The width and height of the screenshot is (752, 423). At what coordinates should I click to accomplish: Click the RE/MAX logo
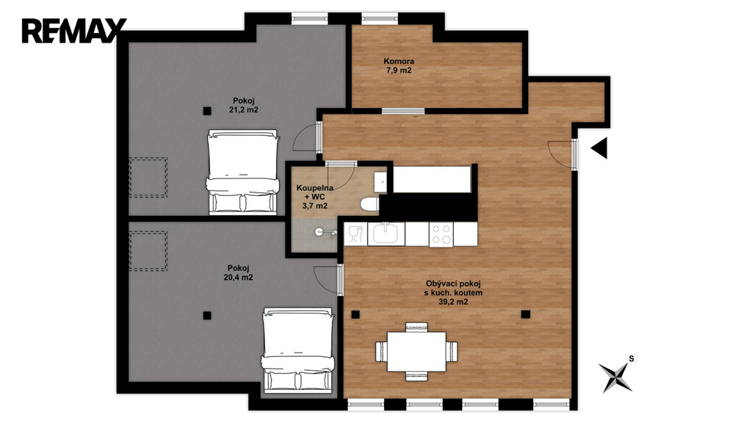click(x=74, y=31)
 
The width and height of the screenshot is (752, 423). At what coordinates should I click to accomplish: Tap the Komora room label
click(x=399, y=62)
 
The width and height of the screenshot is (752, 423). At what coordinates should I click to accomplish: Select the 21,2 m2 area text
click(x=244, y=110)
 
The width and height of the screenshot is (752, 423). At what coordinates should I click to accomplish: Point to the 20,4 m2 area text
click(x=239, y=277)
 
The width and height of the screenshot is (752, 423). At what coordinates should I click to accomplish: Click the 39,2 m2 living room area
click(x=453, y=302)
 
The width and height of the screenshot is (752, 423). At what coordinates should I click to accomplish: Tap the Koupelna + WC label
click(x=314, y=192)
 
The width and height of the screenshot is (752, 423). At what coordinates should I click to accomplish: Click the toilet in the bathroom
click(x=370, y=204)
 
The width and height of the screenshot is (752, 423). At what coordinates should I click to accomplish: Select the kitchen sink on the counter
click(x=386, y=234)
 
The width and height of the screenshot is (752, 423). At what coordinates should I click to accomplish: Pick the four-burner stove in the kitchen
click(x=441, y=234)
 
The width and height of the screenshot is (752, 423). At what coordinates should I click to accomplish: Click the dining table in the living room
click(x=416, y=352)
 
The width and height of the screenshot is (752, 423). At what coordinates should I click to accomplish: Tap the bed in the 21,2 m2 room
click(x=242, y=171)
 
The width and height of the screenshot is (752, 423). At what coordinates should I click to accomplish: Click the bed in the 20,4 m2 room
click(x=298, y=350)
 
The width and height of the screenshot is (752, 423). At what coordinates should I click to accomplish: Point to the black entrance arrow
click(x=599, y=148)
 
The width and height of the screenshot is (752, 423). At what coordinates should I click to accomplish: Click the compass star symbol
click(x=615, y=377)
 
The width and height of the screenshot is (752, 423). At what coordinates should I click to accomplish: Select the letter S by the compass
click(x=631, y=358)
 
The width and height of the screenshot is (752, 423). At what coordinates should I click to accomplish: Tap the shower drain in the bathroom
click(x=319, y=232)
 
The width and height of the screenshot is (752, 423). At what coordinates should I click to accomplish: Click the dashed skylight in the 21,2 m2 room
click(x=148, y=177)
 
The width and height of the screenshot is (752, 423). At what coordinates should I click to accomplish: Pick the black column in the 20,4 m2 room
click(x=207, y=316)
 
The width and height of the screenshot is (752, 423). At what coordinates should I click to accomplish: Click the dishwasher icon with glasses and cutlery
click(x=355, y=234)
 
